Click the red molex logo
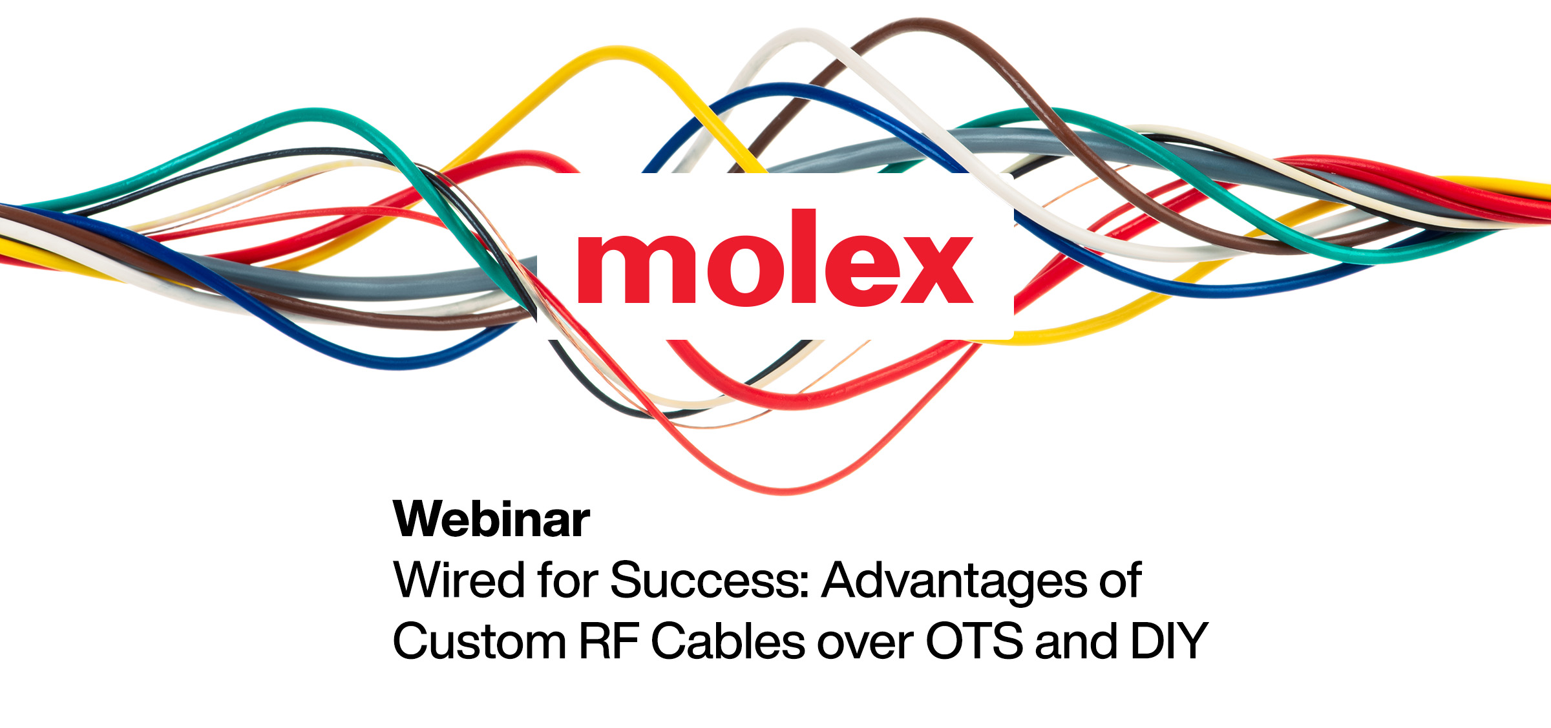775,256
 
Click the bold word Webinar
491,519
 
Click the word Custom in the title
479,641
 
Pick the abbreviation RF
608,641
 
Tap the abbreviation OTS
975,641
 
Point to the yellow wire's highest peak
617,51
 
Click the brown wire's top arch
921,23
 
